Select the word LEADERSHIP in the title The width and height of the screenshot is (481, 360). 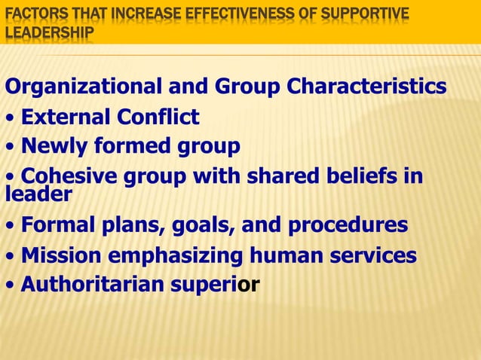click(x=49, y=33)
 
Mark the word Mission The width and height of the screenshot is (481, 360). click(x=63, y=255)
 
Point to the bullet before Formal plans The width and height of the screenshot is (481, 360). click(x=9, y=226)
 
